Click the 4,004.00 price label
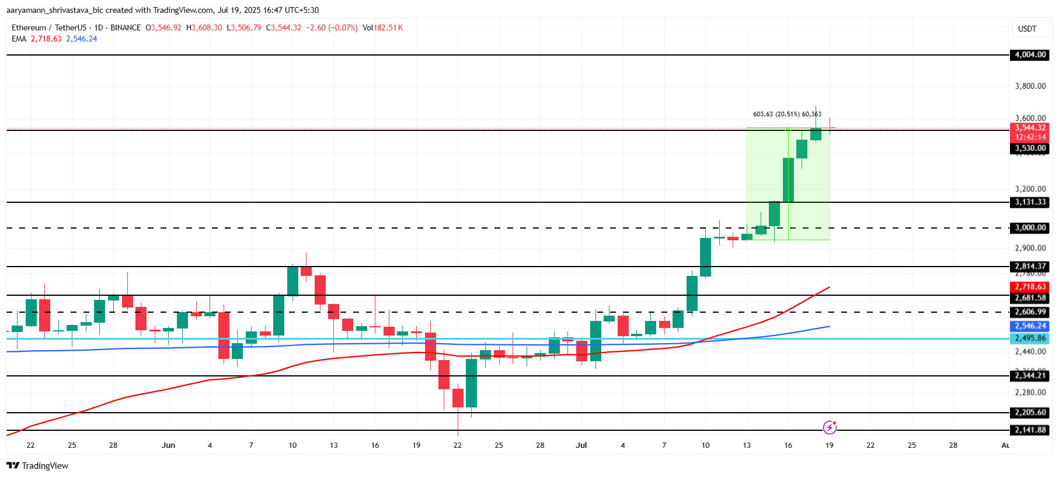pos(1030,55)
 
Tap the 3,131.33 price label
pos(1030,202)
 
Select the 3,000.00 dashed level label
pos(1030,228)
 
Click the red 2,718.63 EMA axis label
pos(1030,287)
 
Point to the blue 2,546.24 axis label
pos(1030,326)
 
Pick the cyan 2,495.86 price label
pos(1030,338)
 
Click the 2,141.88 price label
pos(1030,430)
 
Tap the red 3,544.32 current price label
pos(1030,128)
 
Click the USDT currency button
pos(1027,29)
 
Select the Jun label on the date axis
pos(168,445)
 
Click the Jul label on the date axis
pos(581,445)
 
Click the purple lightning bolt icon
pos(830,428)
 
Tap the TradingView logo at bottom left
pos(37,466)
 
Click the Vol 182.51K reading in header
pos(382,27)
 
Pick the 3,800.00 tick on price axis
pos(1030,86)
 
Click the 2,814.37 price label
pos(1030,267)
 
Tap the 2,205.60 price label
pos(1030,413)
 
